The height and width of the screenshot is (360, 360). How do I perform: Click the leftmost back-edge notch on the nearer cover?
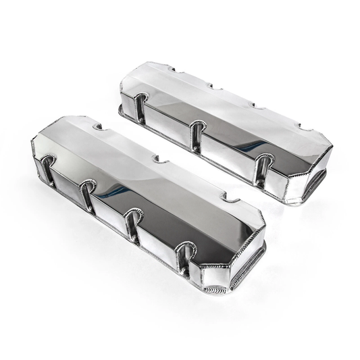pyautogui.click(x=97, y=126)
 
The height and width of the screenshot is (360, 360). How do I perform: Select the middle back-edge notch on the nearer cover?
pyautogui.click(x=160, y=159)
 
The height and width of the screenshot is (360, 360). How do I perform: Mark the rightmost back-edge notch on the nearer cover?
pyautogui.click(x=230, y=198)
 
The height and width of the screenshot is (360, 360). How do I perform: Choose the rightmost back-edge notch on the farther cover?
pyautogui.click(x=305, y=127)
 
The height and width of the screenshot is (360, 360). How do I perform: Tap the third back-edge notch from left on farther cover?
pyautogui.click(x=257, y=105)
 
